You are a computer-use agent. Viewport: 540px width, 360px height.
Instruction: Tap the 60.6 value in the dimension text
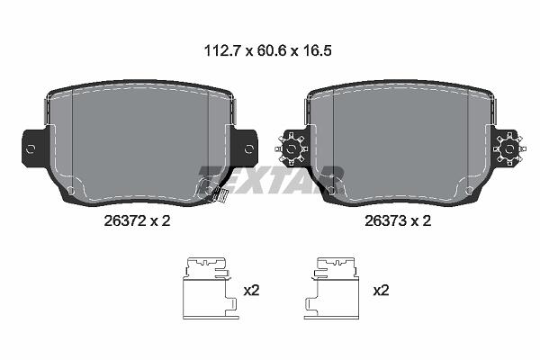(271, 51)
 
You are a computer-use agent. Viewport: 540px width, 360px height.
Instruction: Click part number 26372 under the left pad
(125, 220)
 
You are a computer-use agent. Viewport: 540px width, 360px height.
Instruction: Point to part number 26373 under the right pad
(386, 220)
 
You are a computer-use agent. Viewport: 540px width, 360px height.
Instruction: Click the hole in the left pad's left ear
(31, 149)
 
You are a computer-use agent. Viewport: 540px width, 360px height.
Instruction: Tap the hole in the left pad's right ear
(248, 149)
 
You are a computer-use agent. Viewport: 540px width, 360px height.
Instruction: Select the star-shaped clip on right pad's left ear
(291, 149)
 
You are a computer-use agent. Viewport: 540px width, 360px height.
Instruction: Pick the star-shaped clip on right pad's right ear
(509, 149)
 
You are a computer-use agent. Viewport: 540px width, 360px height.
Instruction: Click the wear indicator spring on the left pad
(218, 195)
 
